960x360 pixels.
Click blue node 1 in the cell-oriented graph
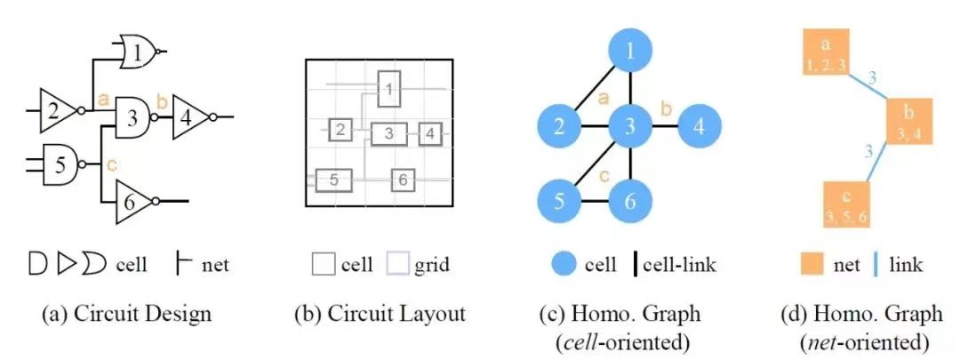pyautogui.click(x=629, y=52)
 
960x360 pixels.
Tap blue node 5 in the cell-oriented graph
pyautogui.click(x=559, y=201)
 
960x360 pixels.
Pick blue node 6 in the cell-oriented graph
pyautogui.click(x=629, y=201)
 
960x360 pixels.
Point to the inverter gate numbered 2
pyautogui.click(x=56, y=111)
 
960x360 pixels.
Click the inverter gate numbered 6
pyautogui.click(x=132, y=204)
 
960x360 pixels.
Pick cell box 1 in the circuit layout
pyautogui.click(x=388, y=88)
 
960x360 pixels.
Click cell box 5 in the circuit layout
pyautogui.click(x=333, y=180)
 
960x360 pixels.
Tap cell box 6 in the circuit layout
pyautogui.click(x=402, y=180)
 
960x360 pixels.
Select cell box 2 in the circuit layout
pyautogui.click(x=340, y=131)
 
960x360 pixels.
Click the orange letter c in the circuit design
pyautogui.click(x=110, y=164)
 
